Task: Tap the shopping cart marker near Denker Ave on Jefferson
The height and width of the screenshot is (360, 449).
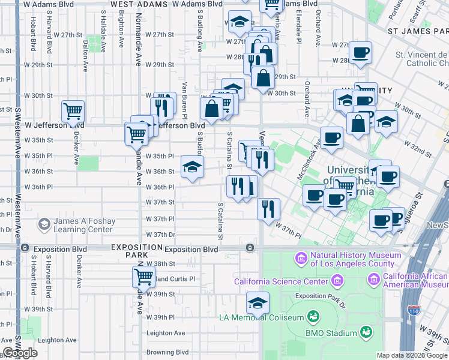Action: pos(73,111)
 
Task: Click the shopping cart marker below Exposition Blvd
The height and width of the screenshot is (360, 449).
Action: pos(143,277)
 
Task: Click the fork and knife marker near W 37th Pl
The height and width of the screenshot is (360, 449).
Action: pos(268,208)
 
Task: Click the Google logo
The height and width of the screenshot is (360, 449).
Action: pos(20,353)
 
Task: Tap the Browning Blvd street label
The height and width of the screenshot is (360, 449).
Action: pos(168,352)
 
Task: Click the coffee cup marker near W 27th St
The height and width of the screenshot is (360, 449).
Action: pos(360,52)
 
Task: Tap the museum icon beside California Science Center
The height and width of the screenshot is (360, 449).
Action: pos(337,281)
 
